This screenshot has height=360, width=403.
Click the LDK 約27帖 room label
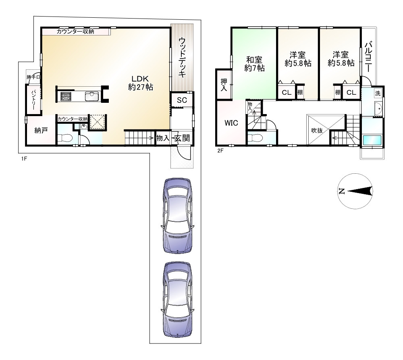[141, 83]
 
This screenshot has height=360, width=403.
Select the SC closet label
[182, 100]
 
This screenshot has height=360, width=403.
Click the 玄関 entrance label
[182, 138]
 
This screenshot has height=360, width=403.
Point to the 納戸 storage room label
[41, 130]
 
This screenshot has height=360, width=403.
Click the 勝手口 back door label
[33, 77]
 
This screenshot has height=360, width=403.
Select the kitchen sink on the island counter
[92, 96]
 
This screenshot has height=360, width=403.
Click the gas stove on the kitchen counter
[66, 96]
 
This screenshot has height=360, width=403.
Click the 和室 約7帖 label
[254, 64]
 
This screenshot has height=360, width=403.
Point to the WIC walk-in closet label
[231, 123]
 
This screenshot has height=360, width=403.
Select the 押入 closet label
[224, 85]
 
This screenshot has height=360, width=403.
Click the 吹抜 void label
[317, 130]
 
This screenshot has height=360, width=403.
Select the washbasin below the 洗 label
[379, 109]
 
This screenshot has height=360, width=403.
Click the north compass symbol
[355, 191]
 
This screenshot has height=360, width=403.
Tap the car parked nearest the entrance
[178, 216]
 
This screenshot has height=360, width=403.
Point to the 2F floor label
[220, 151]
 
